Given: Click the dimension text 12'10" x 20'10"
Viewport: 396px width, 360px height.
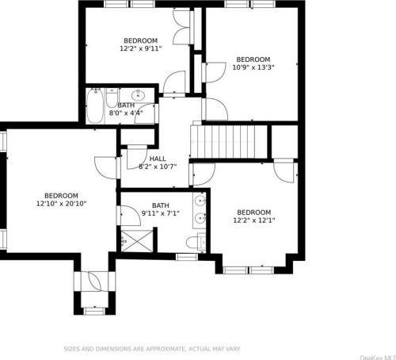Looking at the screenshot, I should coord(61,204).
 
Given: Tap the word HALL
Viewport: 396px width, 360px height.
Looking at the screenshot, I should coord(158,159).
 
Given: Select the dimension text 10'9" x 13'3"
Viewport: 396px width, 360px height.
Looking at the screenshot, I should coord(253,67).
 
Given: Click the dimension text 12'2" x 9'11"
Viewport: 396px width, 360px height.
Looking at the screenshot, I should coord(139,48).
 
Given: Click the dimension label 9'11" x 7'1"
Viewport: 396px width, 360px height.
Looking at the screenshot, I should coord(161,213).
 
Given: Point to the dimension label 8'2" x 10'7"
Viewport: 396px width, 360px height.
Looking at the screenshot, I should coord(158,167).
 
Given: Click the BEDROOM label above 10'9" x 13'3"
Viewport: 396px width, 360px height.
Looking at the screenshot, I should coord(253,59).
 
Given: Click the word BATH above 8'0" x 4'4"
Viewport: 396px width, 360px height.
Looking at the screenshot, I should coord(126,105).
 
